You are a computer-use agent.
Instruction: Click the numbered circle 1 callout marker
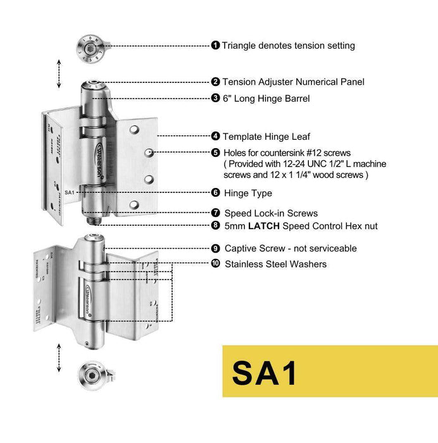(x=215, y=46)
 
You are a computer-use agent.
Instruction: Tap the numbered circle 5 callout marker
(x=215, y=153)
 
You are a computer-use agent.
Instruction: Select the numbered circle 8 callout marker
(x=215, y=225)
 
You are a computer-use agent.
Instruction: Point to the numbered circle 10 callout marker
(x=215, y=263)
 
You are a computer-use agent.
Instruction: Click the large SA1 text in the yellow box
(x=265, y=372)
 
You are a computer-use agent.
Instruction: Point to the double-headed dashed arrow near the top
(x=59, y=74)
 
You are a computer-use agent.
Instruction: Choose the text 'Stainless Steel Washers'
(x=275, y=263)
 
